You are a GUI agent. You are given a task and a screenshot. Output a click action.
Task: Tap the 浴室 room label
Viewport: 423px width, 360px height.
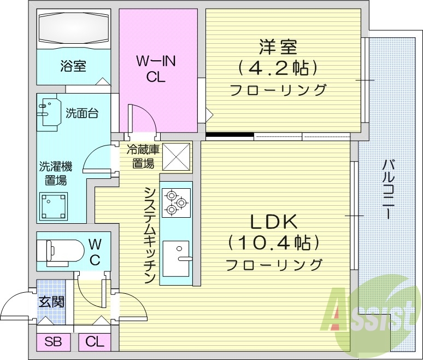73,66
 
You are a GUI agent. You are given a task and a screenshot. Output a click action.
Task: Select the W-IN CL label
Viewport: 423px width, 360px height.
156,69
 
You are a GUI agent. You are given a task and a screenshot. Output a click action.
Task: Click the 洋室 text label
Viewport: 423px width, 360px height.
278,48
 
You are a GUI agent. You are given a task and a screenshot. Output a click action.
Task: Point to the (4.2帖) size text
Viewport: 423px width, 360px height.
278,69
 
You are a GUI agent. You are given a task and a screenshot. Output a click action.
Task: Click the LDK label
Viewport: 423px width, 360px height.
273,222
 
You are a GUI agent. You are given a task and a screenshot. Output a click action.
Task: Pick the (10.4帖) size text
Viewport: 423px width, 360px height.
273,242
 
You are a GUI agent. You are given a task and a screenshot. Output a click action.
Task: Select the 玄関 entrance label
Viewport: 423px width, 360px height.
50,302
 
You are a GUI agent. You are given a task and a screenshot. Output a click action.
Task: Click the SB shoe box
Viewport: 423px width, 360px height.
54,342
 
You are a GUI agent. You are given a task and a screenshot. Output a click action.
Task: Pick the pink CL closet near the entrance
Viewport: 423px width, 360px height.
95,342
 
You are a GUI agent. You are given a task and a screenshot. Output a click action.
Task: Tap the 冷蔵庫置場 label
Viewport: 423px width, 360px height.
143,156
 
